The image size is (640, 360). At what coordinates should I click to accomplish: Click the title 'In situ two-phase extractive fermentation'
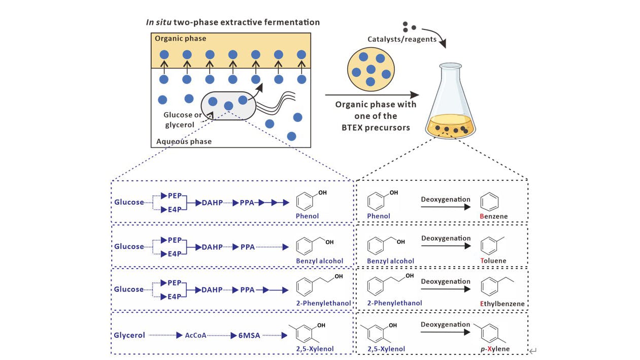tap(233, 22)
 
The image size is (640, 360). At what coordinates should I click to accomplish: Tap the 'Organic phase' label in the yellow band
tap(181, 39)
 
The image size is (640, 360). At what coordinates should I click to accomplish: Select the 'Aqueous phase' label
tap(184, 141)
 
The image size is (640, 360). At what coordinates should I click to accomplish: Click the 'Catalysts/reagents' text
tap(402, 39)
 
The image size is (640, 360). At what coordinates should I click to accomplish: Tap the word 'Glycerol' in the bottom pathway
tap(129, 335)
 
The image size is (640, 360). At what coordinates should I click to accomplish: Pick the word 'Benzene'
tap(493, 216)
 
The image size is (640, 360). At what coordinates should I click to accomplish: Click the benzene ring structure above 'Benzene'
tap(490, 201)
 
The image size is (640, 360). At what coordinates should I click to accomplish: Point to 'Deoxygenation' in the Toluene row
tap(446, 238)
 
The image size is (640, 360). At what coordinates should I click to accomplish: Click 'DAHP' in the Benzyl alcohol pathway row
tap(212, 247)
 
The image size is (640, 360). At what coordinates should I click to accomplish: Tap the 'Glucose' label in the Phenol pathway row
tap(129, 202)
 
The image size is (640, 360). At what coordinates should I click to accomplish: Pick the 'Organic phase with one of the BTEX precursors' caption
tap(375, 116)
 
